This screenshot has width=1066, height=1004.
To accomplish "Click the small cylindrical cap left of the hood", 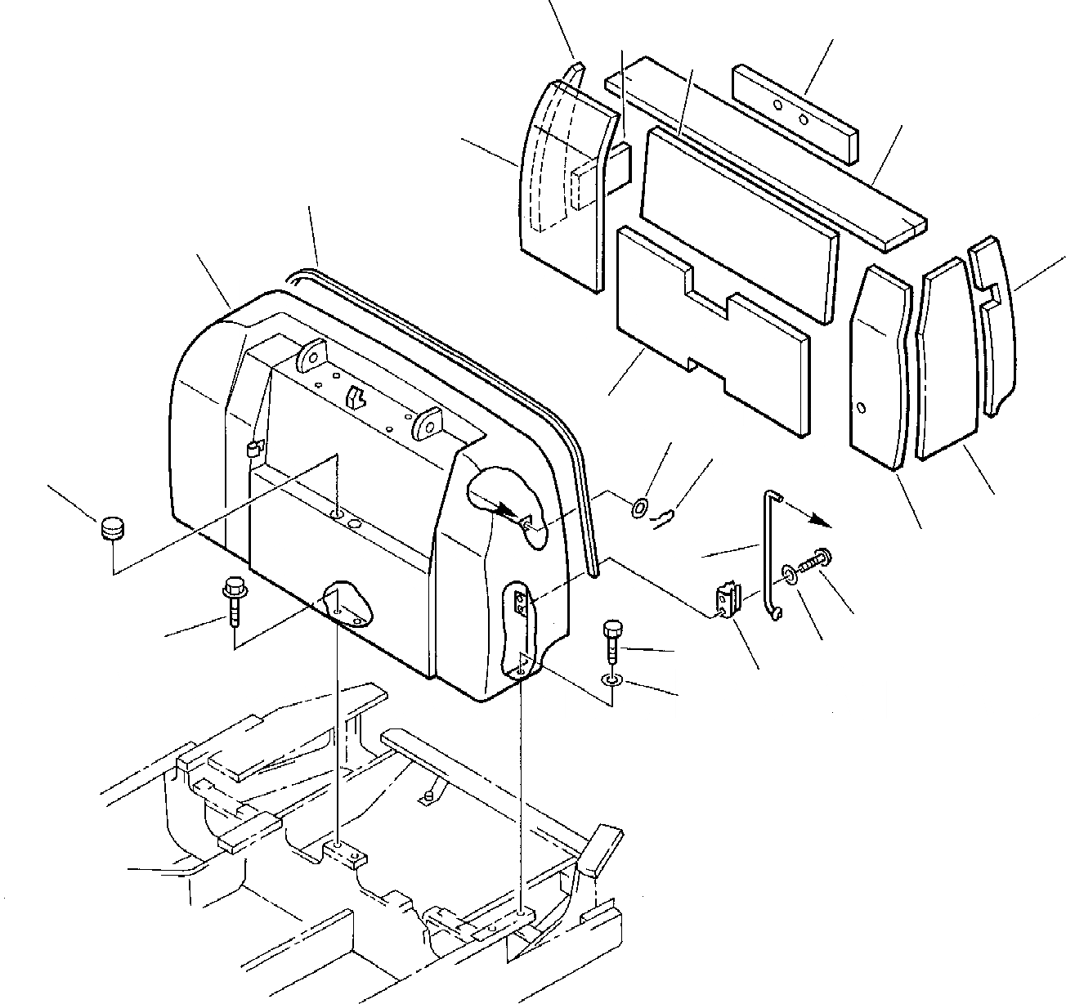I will (x=111, y=529).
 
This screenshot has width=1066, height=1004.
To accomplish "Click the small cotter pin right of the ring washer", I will (x=666, y=516).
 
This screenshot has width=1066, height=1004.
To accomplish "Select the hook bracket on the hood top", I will (x=355, y=397).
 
